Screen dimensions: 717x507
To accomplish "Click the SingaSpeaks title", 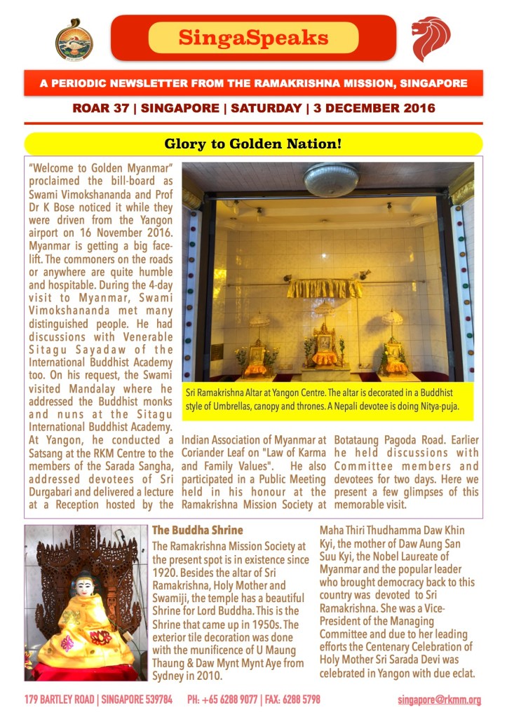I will pos(253,37).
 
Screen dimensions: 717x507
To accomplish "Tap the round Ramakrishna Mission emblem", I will pos(74,39).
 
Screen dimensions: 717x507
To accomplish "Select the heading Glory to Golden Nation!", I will pos(253,144).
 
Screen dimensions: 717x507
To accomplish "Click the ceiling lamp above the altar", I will pos(330,179).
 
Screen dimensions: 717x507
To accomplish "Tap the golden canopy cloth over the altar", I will pos(325,287).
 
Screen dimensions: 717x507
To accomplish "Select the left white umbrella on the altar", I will pos(260,320).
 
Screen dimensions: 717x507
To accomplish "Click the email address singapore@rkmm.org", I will pos(440,700).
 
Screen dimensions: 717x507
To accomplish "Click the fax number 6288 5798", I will pos(303,700).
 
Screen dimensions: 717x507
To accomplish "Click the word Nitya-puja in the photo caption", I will pos(439,406).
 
